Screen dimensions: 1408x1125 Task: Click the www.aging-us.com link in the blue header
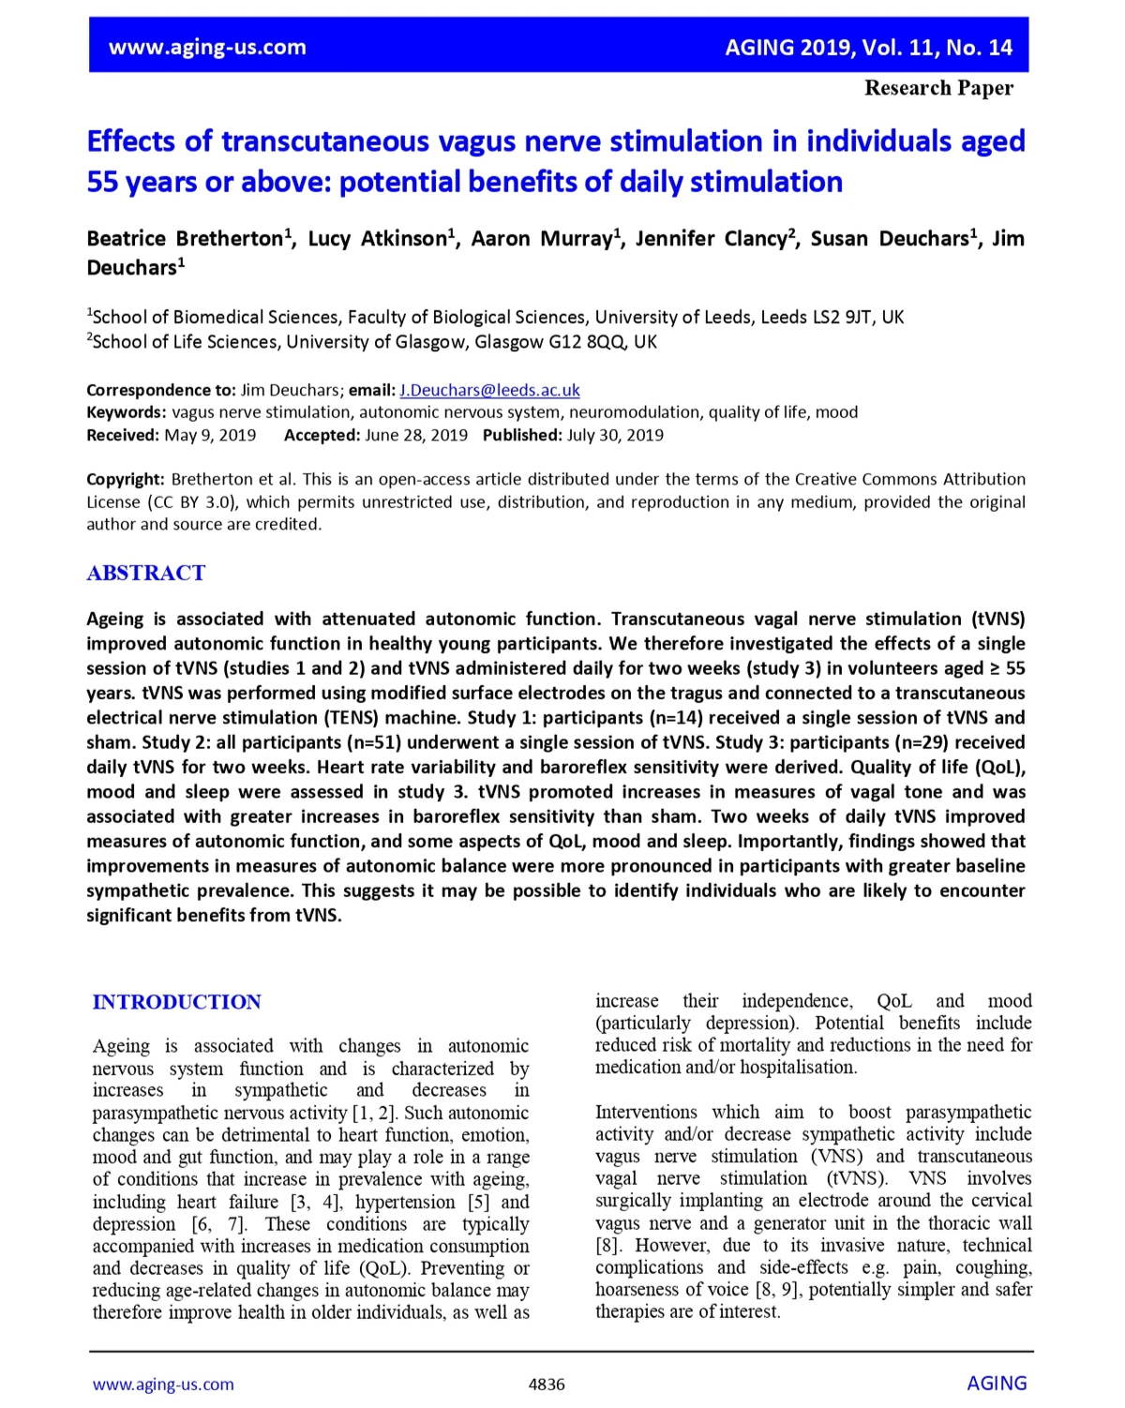(207, 47)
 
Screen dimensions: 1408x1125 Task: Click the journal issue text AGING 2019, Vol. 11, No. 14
(868, 47)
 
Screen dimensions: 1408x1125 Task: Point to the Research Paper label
(938, 88)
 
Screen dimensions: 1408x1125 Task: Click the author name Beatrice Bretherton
(186, 239)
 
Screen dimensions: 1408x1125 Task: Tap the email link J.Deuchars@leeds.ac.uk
(489, 390)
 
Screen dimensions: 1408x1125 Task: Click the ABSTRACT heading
(145, 573)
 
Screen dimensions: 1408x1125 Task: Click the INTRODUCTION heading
(176, 1002)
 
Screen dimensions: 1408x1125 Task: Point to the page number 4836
(547, 1385)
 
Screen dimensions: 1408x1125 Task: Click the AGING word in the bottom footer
(997, 1384)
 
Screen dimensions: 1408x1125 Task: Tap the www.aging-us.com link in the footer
(163, 1385)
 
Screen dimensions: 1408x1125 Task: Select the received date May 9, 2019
(210, 435)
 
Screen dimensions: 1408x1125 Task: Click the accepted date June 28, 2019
(416, 435)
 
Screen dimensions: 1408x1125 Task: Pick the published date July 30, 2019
(615, 435)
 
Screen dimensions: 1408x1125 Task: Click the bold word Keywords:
(127, 412)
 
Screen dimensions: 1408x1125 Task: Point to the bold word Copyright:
(126, 479)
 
